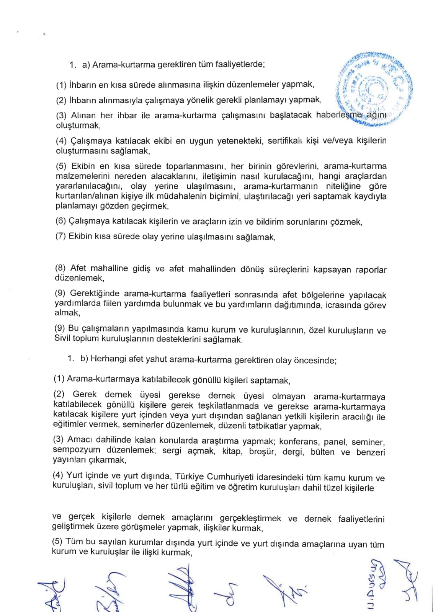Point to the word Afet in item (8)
coord(78,268)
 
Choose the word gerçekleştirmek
coord(250,518)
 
